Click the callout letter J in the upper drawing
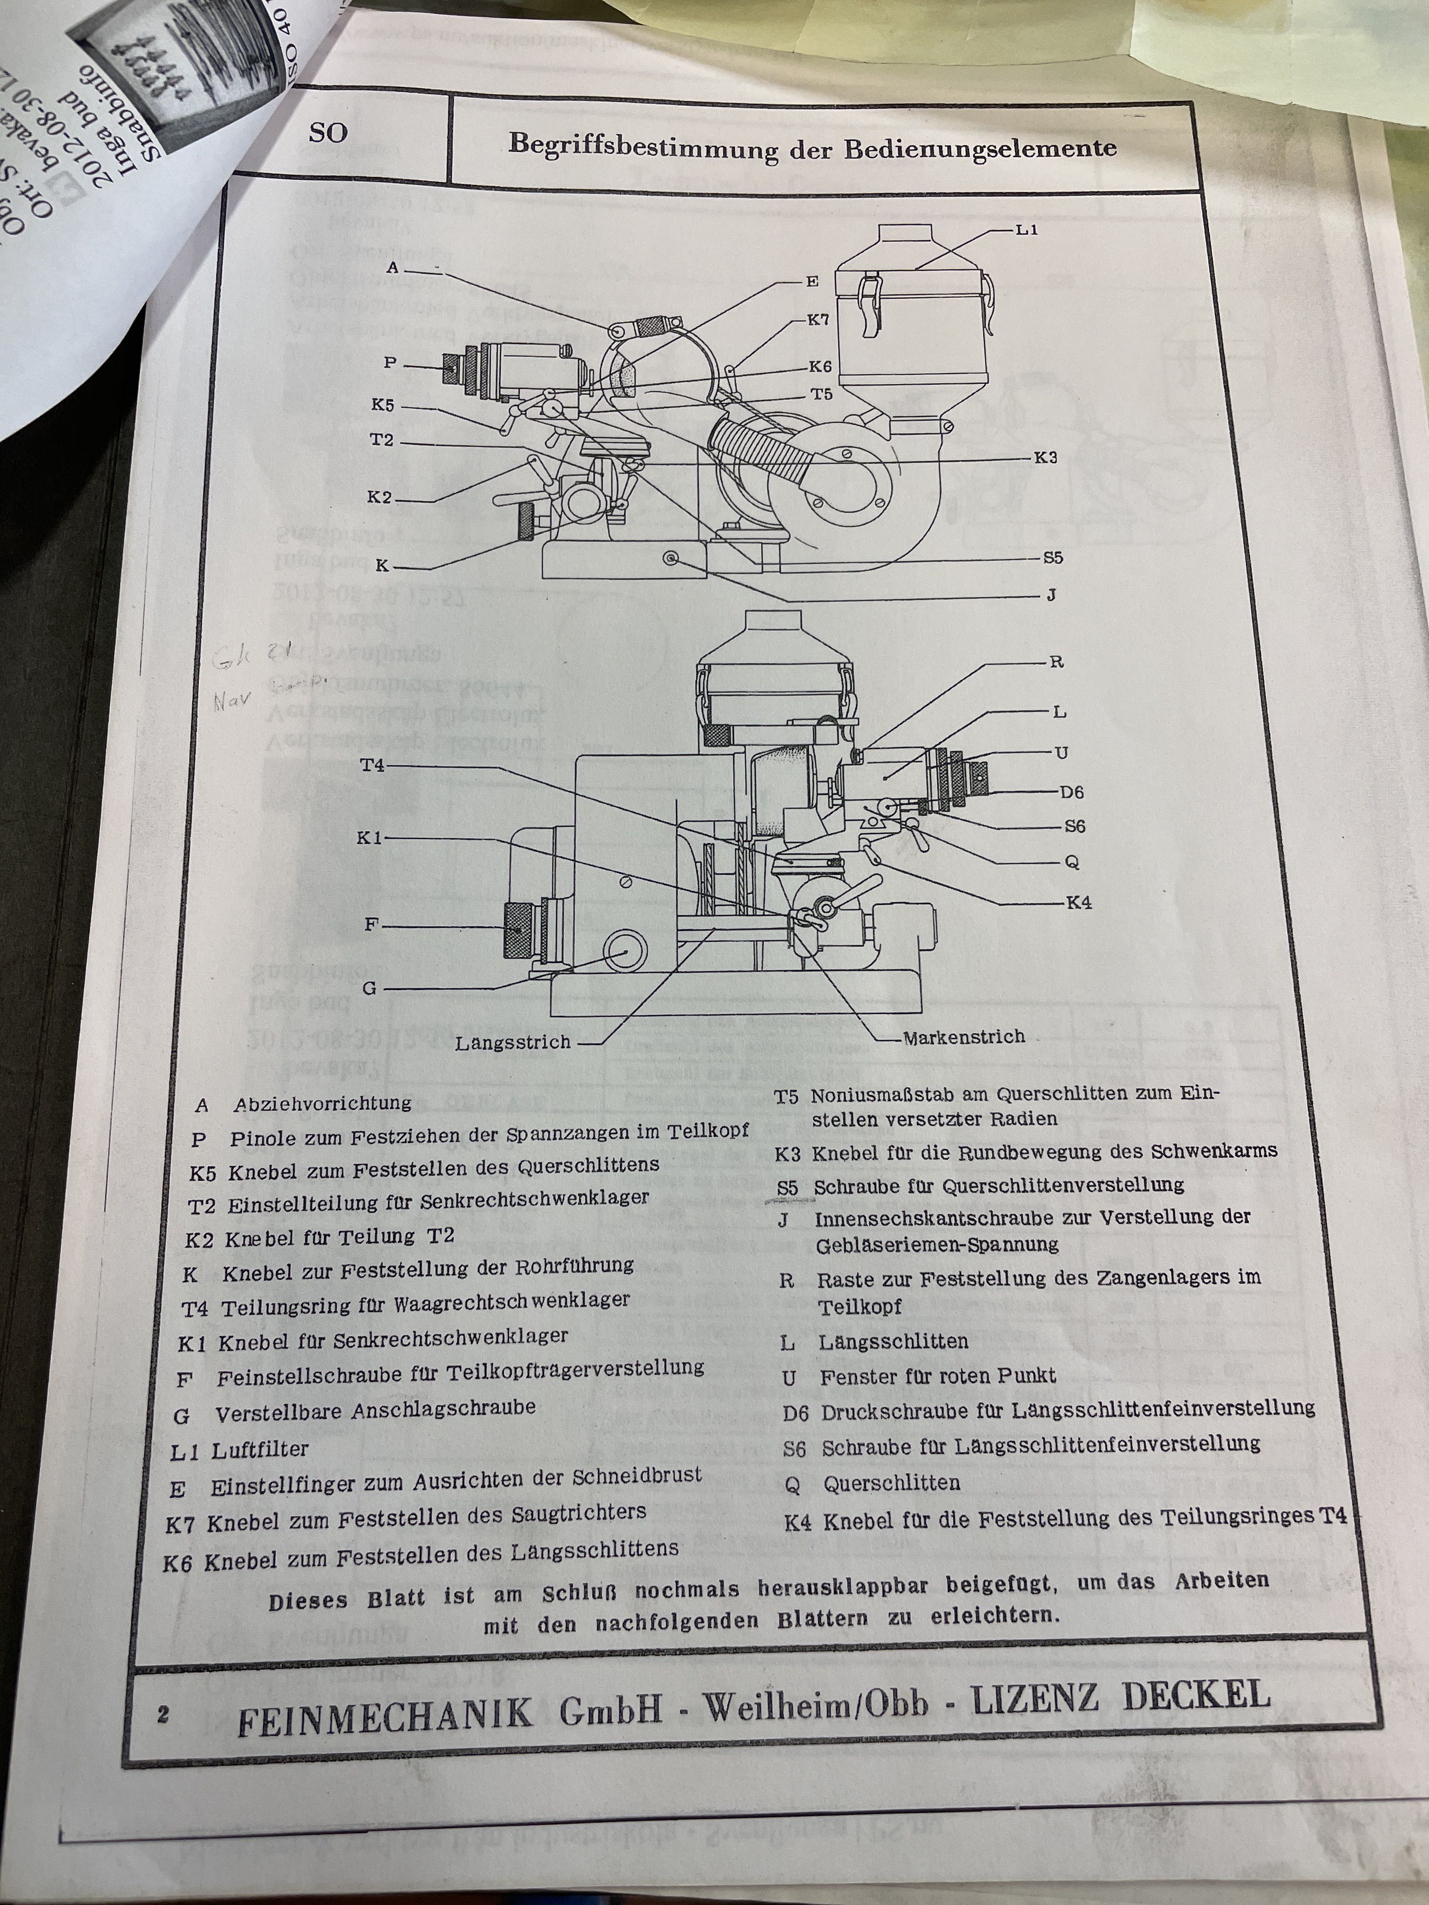[1052, 595]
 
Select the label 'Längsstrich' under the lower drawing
[513, 1042]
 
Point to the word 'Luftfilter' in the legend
[259, 1450]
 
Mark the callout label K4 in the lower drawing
[1078, 902]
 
